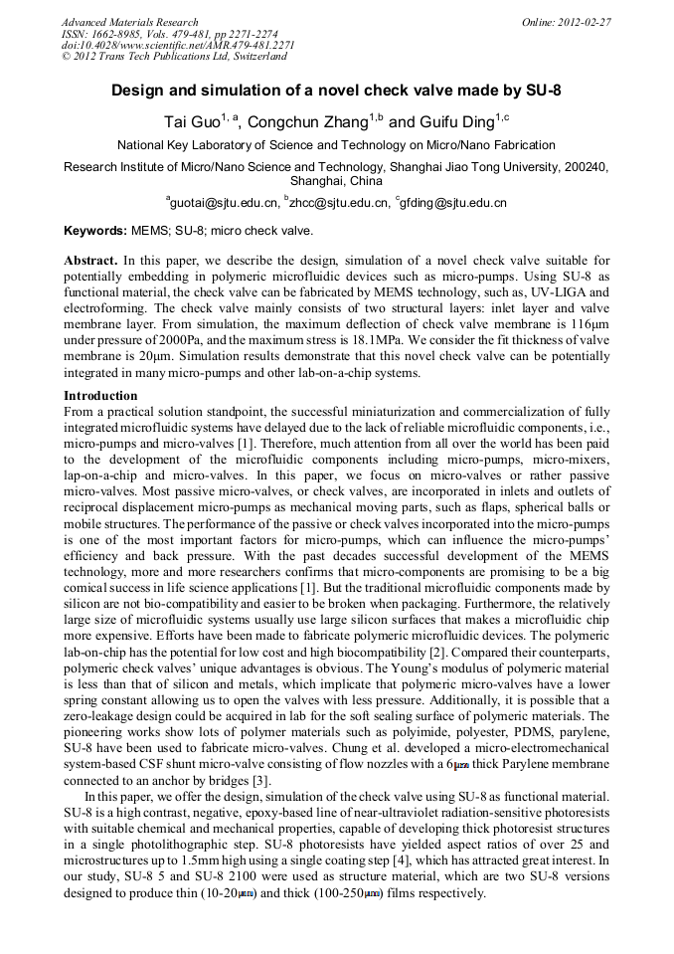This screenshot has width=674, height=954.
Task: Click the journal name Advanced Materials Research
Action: click(x=129, y=22)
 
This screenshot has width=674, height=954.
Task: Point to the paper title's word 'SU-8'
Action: click(x=541, y=91)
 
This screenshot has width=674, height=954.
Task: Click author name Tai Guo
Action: click(x=191, y=123)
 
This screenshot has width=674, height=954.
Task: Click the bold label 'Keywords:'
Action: click(x=95, y=230)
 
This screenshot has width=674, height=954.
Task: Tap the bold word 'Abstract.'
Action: click(x=90, y=259)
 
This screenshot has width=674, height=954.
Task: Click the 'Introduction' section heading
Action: click(x=100, y=395)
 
